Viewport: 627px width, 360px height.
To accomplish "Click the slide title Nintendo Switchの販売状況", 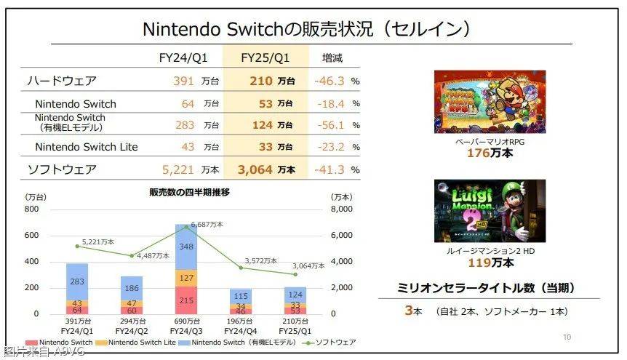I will point(305,28).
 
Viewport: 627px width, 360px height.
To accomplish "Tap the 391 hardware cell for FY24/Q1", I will point(183,81).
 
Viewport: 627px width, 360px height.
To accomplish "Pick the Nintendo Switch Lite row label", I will point(87,147).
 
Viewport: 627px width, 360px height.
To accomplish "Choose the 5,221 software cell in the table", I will point(178,169).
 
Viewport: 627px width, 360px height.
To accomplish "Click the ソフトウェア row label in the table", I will point(61,169).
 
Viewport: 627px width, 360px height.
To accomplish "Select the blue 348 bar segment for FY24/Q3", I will point(186,247).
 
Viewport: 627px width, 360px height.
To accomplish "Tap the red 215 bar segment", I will point(186,300).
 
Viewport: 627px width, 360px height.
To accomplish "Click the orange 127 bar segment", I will point(186,277).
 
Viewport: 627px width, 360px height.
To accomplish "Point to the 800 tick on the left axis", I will point(31,209).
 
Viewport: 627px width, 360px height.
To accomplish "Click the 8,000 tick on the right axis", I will point(343,209).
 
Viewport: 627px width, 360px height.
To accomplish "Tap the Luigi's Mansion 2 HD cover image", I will point(490,210).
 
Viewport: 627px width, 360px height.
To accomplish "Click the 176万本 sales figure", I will point(489,153).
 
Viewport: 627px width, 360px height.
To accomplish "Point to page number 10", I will point(567,337).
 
